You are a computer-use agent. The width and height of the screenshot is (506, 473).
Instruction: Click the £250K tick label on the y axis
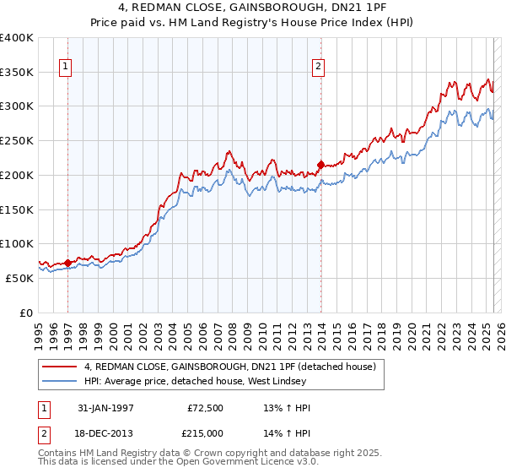tap(16, 141)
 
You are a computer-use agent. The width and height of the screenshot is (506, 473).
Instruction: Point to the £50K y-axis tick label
tap(19, 278)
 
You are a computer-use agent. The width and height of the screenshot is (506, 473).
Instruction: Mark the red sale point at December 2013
tap(320, 165)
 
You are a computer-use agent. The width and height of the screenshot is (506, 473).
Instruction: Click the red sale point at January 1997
tap(68, 263)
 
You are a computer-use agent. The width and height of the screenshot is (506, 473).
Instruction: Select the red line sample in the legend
tap(60, 367)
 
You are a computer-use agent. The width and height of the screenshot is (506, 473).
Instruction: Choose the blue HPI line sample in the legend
tap(60, 381)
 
